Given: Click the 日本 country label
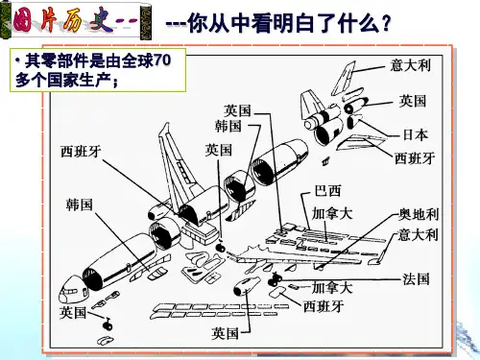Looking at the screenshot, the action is [415, 134].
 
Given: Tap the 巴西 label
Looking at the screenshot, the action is [327, 191].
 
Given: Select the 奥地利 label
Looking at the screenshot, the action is [419, 214].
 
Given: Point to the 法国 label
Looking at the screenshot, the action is [416, 279].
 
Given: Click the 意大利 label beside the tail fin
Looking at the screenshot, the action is [411, 65].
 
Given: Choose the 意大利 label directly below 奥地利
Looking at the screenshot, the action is [419, 234].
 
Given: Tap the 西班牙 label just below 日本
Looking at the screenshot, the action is [415, 158].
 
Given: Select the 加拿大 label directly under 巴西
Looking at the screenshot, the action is [332, 213].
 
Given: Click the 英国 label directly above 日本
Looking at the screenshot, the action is [413, 101].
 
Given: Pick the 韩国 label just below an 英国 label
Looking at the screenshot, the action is [228, 126].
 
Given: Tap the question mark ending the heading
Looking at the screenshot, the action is [386, 23].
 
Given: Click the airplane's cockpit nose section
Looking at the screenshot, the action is [72, 291].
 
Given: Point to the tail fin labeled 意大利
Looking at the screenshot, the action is [343, 79].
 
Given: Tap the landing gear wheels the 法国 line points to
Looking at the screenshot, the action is [275, 279].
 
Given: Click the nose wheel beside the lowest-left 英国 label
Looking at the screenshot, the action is [108, 325].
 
